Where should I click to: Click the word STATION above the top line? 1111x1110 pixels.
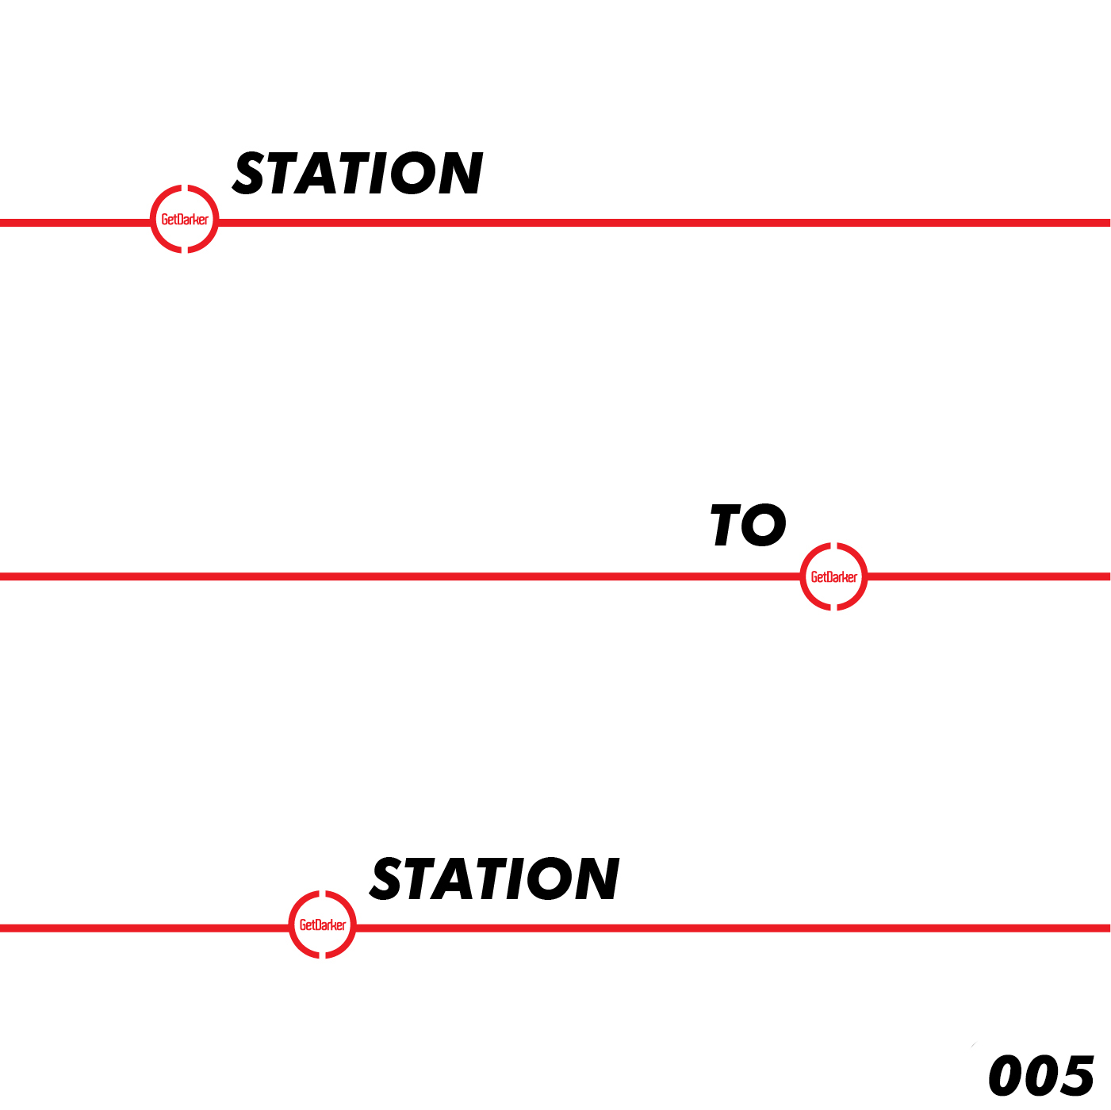pos(357,172)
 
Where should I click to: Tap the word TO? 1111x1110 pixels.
pos(748,525)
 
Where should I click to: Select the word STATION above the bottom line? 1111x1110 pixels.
pos(494,878)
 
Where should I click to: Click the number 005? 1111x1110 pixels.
pos(1040,1075)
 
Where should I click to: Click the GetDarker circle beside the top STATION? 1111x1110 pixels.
pos(151,219)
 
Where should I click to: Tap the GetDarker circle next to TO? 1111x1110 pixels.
pos(800,576)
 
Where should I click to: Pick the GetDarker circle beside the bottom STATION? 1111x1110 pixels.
pos(289,924)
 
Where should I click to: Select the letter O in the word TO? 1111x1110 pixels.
pos(764,525)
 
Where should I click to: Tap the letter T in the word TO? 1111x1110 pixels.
pos(726,525)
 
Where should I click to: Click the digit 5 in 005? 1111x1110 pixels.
pos(1076,1076)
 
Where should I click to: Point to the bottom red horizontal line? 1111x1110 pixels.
pos(732,928)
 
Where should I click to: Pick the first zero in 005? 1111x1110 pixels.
pos(1006,1076)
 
